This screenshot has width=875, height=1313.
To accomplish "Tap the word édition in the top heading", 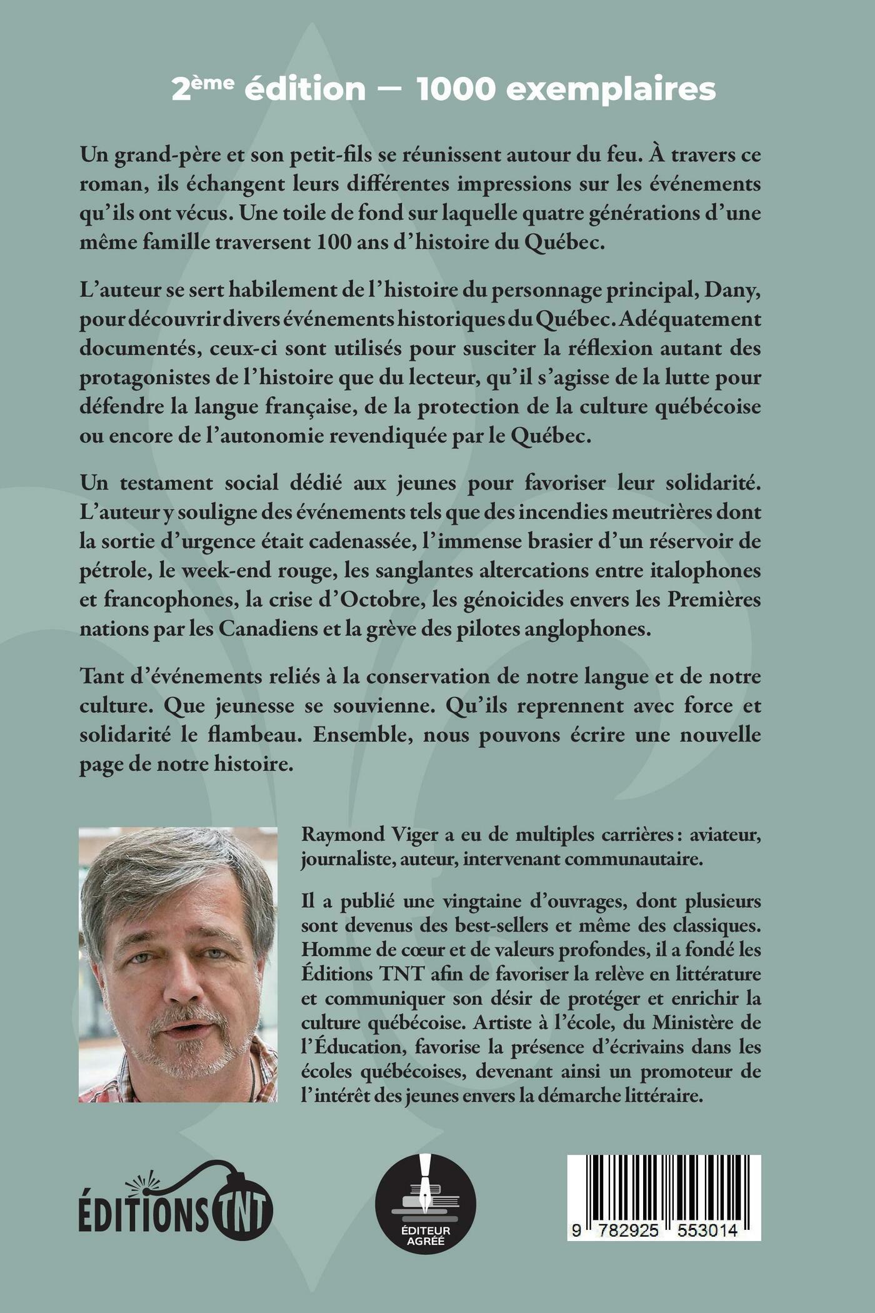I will (304, 89).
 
